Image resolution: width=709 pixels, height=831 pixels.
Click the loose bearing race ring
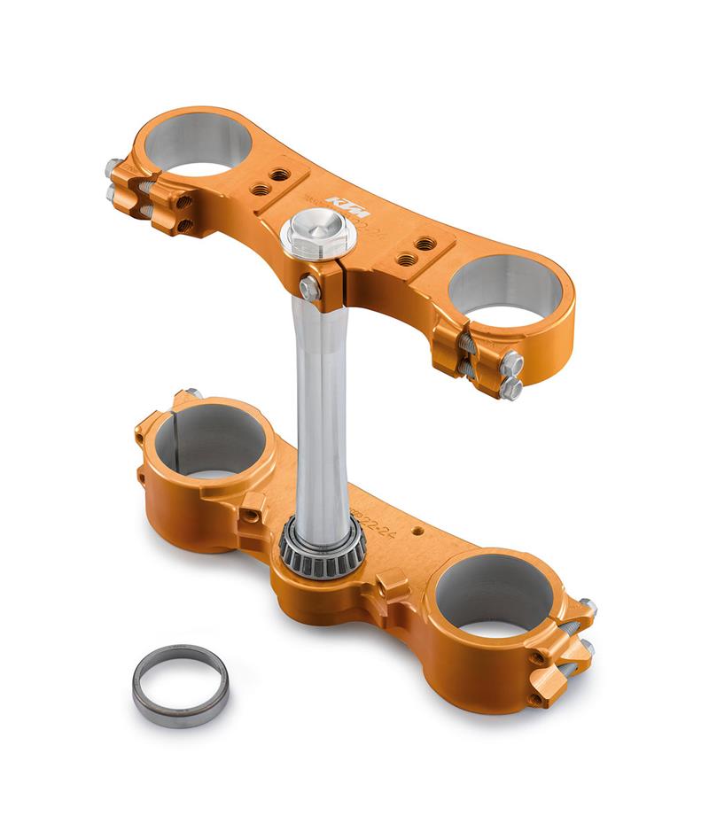click(x=180, y=684)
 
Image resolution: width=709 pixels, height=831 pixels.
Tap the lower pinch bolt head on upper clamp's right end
click(x=511, y=387)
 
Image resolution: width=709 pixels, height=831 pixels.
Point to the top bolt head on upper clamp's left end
click(x=113, y=167)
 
